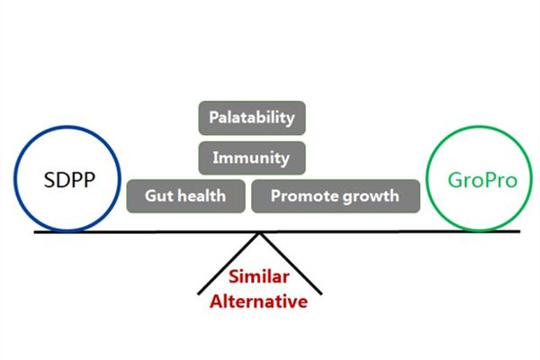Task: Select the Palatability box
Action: [x=251, y=118]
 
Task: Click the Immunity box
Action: [x=251, y=157]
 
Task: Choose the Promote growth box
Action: [x=335, y=195]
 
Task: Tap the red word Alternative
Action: [x=258, y=301]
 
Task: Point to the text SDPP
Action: [x=68, y=180]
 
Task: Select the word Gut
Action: [x=158, y=195]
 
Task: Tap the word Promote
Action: [x=302, y=195]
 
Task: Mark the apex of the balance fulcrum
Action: [x=260, y=232]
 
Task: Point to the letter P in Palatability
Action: [x=214, y=118]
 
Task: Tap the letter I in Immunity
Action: [x=215, y=157]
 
